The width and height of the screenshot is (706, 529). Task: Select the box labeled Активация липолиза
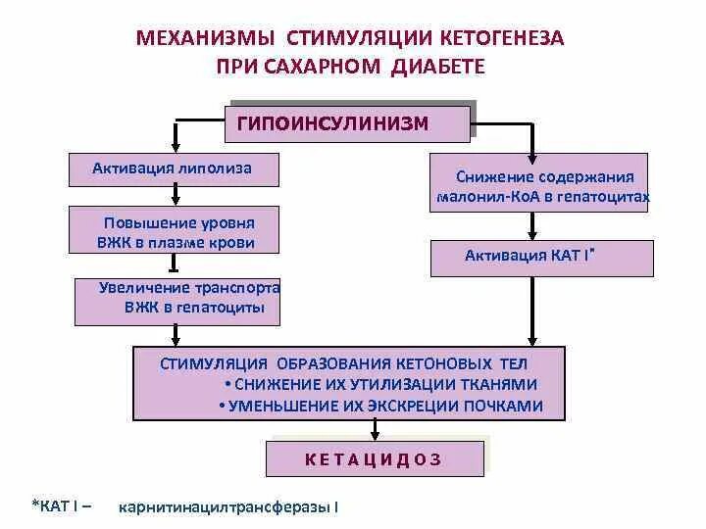[173, 168]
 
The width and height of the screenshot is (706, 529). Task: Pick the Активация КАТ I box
[541, 258]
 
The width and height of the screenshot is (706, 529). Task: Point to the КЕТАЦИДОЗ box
[375, 458]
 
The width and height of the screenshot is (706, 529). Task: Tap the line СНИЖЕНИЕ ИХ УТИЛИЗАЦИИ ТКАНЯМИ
[382, 385]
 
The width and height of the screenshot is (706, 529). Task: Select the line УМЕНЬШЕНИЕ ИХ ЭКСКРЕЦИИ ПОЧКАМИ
[382, 406]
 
